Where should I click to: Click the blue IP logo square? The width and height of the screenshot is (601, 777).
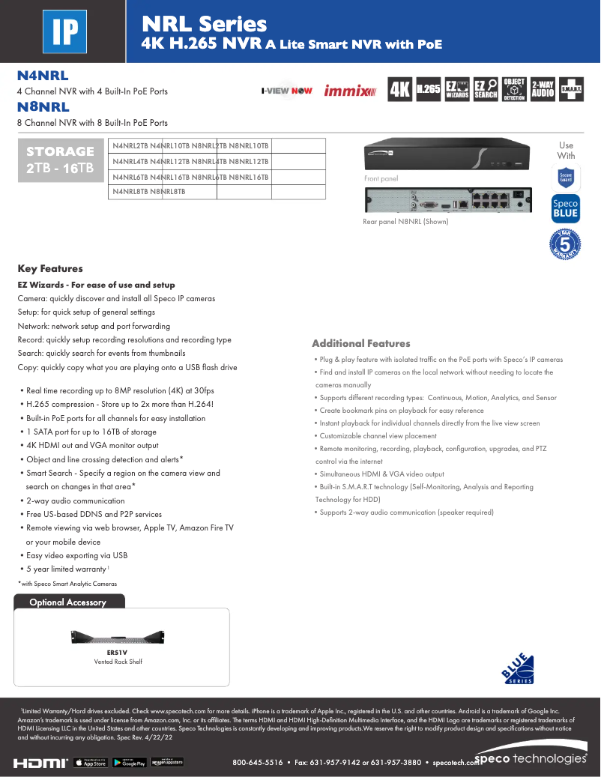point(65,31)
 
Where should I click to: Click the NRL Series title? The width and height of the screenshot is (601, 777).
point(205,25)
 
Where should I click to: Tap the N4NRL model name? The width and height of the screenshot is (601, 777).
point(43,76)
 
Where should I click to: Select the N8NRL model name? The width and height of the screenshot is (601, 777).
point(43,107)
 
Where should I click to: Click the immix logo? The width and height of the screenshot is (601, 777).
point(350,91)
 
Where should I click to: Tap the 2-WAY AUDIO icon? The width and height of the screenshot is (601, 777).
point(543,89)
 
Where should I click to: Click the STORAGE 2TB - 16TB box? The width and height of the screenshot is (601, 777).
point(61,160)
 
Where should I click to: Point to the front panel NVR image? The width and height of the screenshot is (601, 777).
point(447,155)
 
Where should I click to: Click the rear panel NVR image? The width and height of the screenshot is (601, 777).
point(447,200)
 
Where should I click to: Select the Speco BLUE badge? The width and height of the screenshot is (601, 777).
point(566,209)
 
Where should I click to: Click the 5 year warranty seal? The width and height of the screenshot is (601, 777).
point(567,245)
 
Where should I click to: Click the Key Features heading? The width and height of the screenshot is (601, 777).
point(50,268)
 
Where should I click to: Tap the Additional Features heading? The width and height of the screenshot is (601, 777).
point(361,343)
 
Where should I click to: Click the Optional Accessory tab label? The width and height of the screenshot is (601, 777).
point(67,602)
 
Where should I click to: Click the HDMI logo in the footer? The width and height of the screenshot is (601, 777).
point(40,762)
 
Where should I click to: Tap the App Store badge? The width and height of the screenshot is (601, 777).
point(91,762)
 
